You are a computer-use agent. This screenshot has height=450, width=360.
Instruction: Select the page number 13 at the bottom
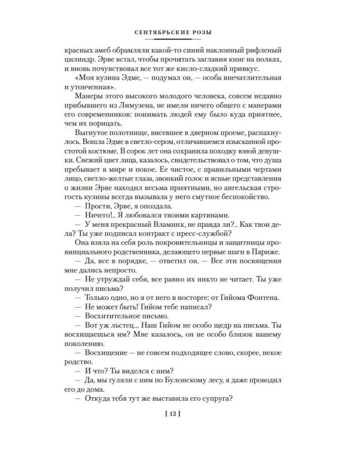tap(180, 413)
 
